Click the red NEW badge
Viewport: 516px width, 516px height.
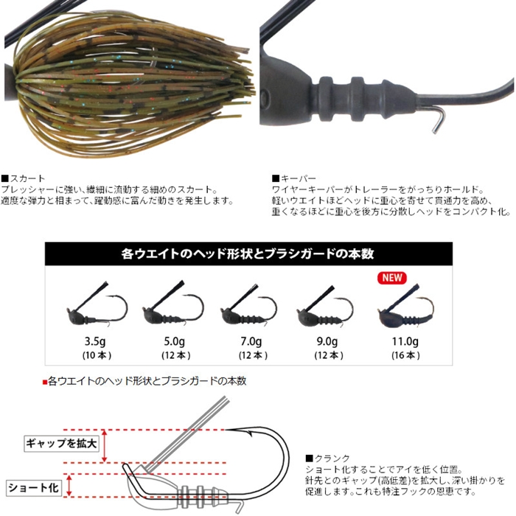(x=392, y=277)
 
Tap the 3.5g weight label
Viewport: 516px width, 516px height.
(x=95, y=341)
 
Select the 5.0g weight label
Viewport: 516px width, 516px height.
(x=175, y=341)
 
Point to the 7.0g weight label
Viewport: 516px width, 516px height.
(x=251, y=341)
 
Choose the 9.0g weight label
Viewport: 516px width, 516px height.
(x=327, y=341)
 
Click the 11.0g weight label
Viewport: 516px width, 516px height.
(x=405, y=341)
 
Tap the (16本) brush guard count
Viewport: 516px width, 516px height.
(x=405, y=355)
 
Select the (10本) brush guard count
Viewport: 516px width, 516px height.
(x=97, y=355)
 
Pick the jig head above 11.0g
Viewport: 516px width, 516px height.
(x=405, y=306)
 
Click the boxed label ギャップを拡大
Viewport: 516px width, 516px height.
(x=61, y=443)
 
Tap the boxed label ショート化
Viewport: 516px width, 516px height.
(x=33, y=487)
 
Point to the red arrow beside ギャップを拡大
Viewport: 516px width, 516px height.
(x=105, y=446)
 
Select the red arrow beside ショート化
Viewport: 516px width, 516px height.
(x=69, y=485)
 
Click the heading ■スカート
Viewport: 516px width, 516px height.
(x=23, y=178)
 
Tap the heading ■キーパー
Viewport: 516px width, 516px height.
(x=294, y=178)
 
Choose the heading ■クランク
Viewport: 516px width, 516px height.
(x=328, y=458)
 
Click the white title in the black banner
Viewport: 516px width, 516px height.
(x=248, y=254)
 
